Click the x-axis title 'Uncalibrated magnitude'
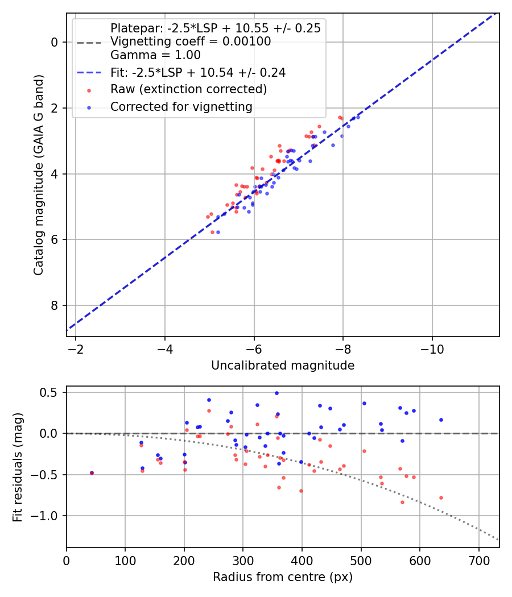(x=283, y=366)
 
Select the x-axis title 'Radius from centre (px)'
(x=283, y=577)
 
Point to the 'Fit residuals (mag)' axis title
(x=18, y=467)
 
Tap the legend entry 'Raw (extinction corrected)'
(x=188, y=89)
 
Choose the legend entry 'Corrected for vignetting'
(x=181, y=106)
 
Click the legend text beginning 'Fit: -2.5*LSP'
(x=198, y=72)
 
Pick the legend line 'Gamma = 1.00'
(x=155, y=55)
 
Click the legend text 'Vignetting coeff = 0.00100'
(x=191, y=42)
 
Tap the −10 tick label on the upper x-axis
(x=432, y=347)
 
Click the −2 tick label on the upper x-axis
(x=76, y=347)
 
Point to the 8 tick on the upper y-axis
(x=54, y=306)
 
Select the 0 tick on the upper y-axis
(x=54, y=43)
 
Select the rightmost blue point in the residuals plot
(x=441, y=420)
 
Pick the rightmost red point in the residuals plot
(x=441, y=498)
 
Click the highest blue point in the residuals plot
(x=276, y=393)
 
